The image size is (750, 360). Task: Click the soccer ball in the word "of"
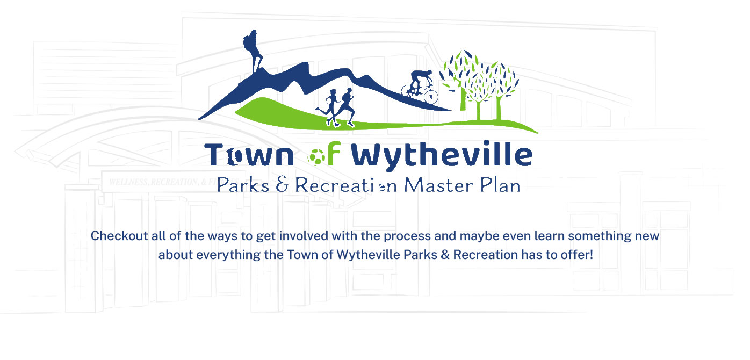(316, 157)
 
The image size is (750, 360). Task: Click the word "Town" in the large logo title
(249, 155)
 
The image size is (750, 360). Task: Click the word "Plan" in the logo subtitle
(500, 185)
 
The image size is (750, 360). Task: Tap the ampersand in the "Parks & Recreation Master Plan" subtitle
(282, 185)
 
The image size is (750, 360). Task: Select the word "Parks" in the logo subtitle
(243, 185)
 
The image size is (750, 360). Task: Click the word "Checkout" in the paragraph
(119, 236)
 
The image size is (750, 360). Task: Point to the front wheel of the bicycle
(431, 96)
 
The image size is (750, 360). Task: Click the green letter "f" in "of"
(334, 153)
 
